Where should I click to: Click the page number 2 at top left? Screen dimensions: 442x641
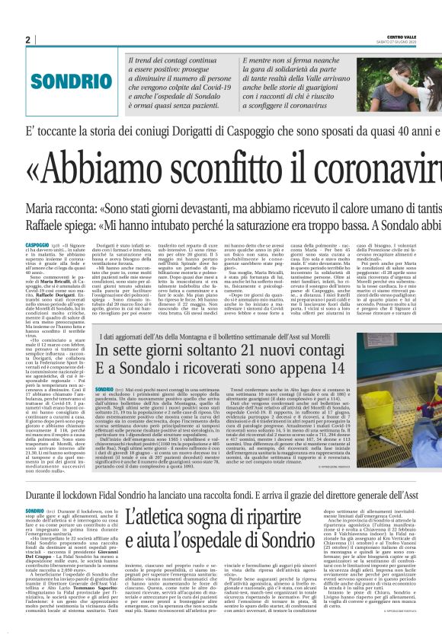click(x=27, y=40)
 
